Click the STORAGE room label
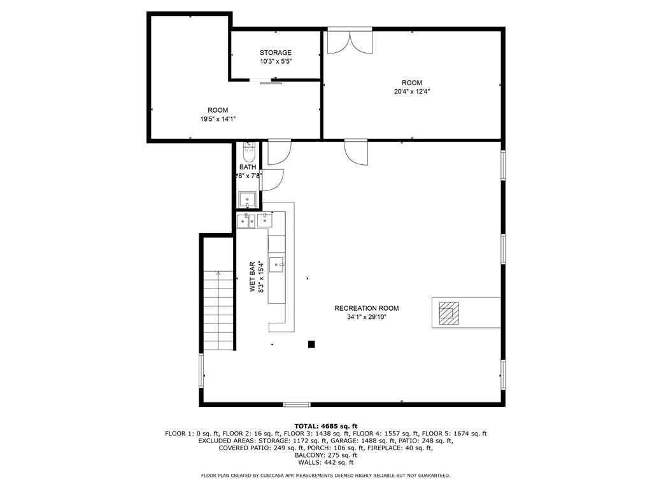(x=275, y=52)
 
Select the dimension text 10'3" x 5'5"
(x=275, y=61)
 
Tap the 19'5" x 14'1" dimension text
(x=218, y=119)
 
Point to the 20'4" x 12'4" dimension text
(x=411, y=91)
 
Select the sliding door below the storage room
(x=266, y=81)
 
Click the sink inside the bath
(x=248, y=199)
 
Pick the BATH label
(x=248, y=167)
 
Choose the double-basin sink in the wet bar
(x=246, y=221)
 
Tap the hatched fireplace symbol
(x=448, y=312)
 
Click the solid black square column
(x=311, y=344)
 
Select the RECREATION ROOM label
(x=366, y=308)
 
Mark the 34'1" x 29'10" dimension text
(x=366, y=316)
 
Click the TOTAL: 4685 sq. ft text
(x=325, y=426)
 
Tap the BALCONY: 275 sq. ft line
(x=325, y=455)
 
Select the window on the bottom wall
(x=296, y=404)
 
